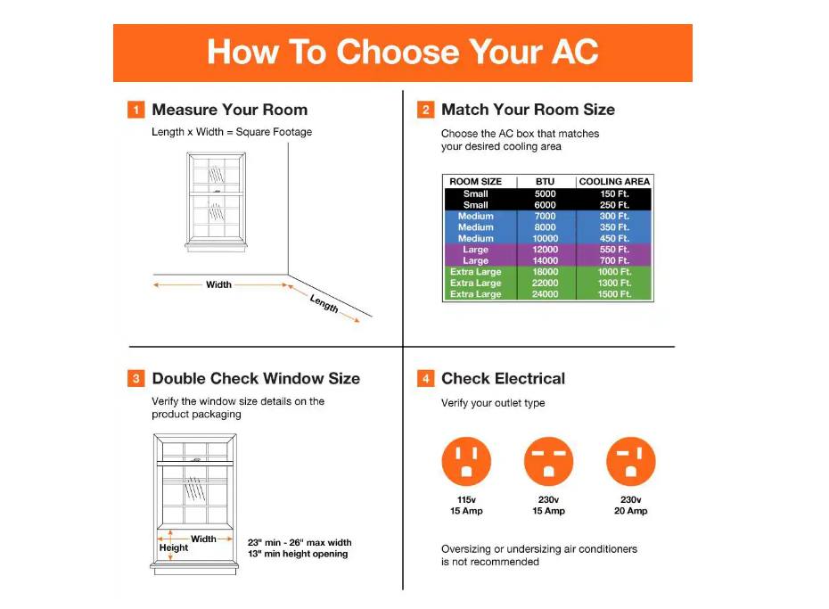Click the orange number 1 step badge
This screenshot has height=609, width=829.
coord(135,110)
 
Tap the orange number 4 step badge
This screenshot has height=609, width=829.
coord(426,379)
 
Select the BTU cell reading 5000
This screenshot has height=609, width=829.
coord(546,193)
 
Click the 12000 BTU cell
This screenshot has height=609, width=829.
coord(546,250)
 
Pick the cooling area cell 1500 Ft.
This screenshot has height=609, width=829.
coord(614,294)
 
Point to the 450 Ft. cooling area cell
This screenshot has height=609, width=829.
coord(614,238)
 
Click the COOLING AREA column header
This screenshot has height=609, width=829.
coord(614,182)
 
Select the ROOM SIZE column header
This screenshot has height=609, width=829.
coord(475,182)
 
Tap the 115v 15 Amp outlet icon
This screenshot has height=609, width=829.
coord(466,461)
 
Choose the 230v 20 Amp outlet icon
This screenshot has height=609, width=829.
coord(630,461)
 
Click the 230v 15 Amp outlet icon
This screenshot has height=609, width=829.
coord(548,461)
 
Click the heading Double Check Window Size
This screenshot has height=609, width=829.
coord(256,379)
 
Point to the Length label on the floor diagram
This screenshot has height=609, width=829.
coord(324,303)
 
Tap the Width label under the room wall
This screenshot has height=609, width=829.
coord(218,285)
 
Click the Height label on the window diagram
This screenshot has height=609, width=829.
coord(174,547)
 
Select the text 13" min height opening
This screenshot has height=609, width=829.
coord(298,554)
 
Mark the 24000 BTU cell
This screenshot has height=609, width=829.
coord(546,294)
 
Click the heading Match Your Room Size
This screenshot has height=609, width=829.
coord(528,110)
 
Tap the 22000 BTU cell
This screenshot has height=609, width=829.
coord(546,283)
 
